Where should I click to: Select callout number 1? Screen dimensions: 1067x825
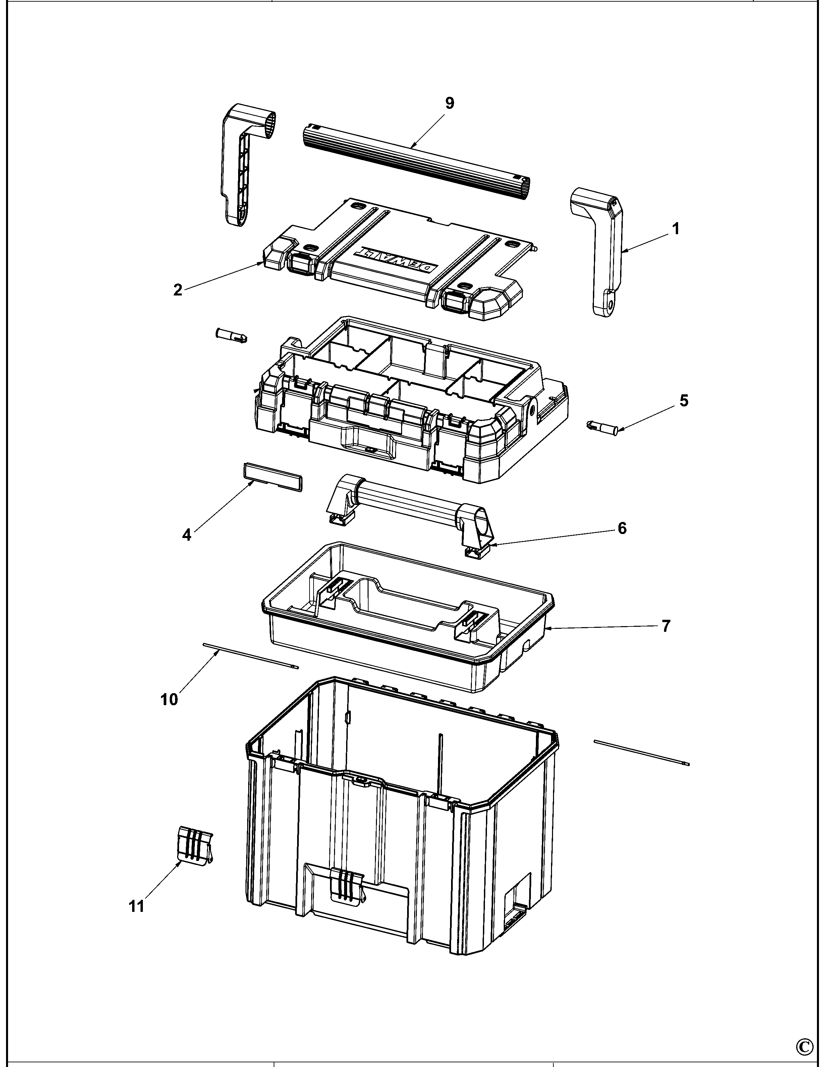click(676, 228)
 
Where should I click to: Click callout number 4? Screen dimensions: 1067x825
click(187, 535)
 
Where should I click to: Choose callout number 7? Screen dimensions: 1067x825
click(666, 626)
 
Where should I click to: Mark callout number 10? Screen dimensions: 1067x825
click(169, 699)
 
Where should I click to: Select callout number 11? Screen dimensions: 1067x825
click(137, 906)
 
